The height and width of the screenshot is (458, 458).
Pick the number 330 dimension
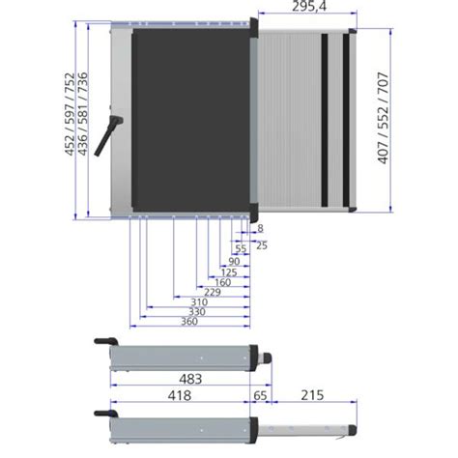[196, 312]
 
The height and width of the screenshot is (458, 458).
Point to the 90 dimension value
[234, 262]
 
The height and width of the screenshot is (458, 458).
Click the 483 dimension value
[190, 380]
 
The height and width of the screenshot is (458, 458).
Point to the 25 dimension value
[262, 245]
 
